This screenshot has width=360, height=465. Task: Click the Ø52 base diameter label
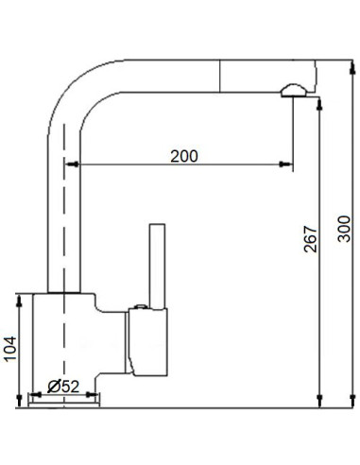coord(62,386)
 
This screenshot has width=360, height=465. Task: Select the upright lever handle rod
coord(157,267)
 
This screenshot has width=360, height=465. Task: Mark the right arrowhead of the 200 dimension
coord(286,165)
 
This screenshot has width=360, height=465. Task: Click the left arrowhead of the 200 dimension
coord(69,165)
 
